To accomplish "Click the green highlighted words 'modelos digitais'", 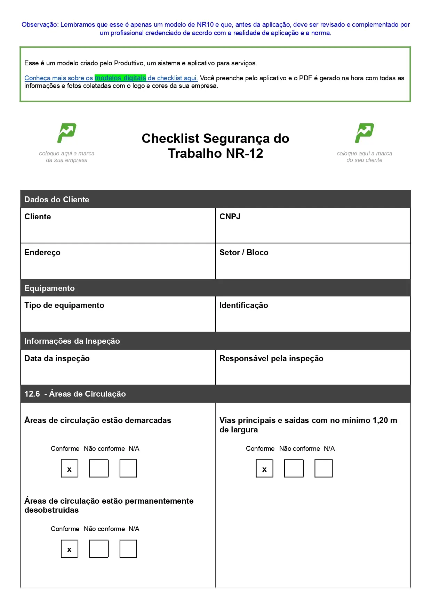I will (120, 78).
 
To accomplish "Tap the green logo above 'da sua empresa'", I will (67, 133).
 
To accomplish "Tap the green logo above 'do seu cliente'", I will (364, 133).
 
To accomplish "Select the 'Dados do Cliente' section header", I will (57, 200).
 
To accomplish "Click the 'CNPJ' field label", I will (230, 217).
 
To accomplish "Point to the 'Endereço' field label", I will (42, 252).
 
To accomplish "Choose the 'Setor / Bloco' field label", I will (244, 252).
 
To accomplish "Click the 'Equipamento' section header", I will (49, 288).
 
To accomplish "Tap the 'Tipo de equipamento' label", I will (64, 305).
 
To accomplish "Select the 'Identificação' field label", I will (243, 305).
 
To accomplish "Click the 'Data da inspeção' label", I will (57, 358).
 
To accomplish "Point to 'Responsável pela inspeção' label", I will (271, 358).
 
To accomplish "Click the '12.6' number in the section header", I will (32, 394).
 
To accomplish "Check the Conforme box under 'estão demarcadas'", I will (70, 469).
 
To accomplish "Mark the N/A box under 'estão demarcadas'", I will (128, 469).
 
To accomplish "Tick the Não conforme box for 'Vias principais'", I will (294, 469).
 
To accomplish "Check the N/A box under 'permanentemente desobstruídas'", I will (128, 549).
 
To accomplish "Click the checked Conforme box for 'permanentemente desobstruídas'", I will (70, 549).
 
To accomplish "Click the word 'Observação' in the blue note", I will (40, 25).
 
